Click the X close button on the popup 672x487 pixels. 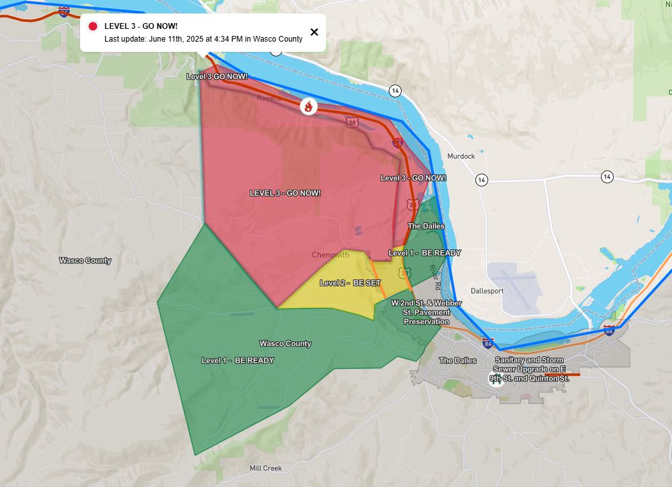click(x=314, y=32)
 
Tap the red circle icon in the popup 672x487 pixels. click(x=93, y=26)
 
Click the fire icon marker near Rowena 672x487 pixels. click(x=309, y=107)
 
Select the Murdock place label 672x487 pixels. click(x=461, y=156)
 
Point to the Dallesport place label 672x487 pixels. click(x=487, y=291)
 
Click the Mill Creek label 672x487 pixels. click(x=265, y=468)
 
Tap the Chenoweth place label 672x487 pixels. click(x=331, y=255)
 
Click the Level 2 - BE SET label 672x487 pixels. click(x=350, y=283)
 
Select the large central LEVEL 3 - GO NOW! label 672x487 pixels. click(x=285, y=193)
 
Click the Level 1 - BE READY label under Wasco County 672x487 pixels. click(x=238, y=360)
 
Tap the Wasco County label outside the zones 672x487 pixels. click(x=85, y=260)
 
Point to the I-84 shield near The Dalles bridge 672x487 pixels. click(x=488, y=343)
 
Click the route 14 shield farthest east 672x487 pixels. click(x=607, y=176)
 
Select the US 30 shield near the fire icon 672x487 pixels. click(x=351, y=122)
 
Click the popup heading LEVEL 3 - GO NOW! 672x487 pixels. click(x=141, y=26)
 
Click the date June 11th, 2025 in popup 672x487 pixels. click(x=176, y=39)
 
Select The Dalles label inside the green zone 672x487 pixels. click(x=426, y=226)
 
